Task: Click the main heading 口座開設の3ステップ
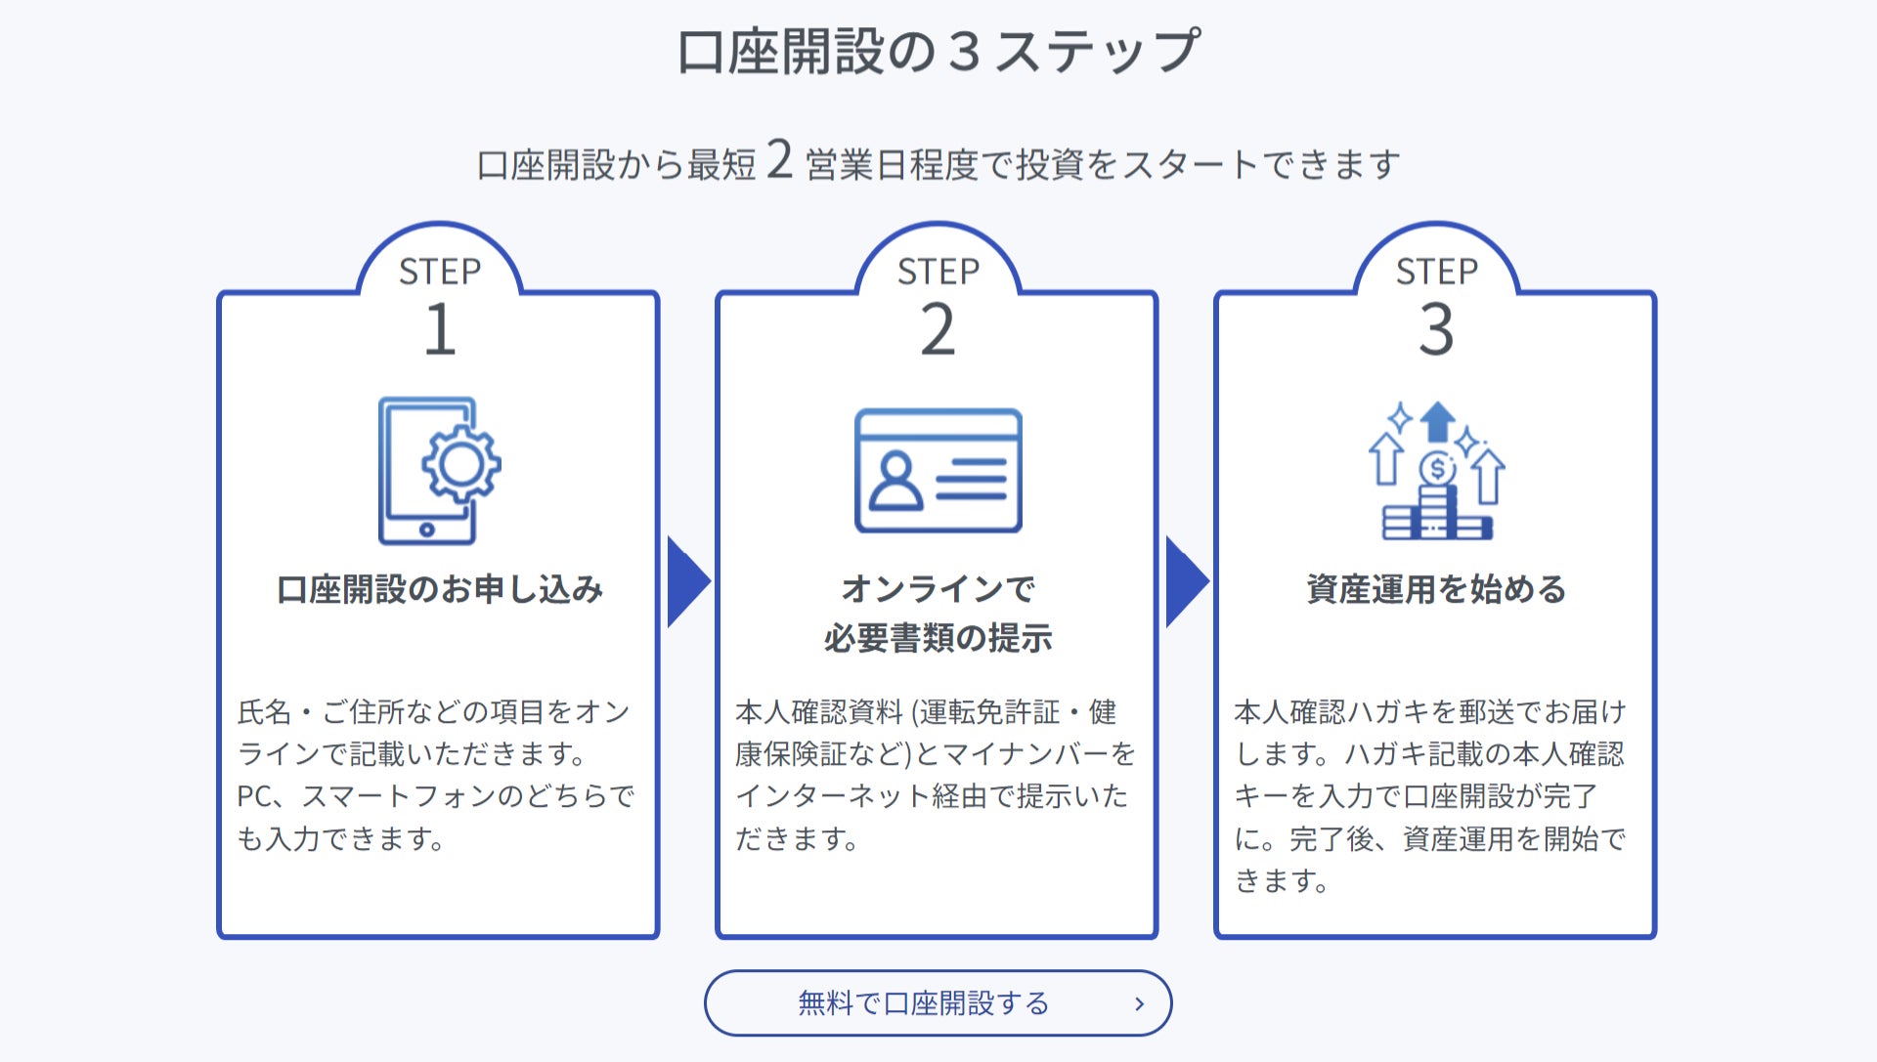click(x=938, y=51)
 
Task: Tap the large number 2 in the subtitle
click(x=779, y=159)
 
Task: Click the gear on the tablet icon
click(x=460, y=465)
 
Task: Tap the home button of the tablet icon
click(x=427, y=530)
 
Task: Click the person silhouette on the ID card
click(x=895, y=481)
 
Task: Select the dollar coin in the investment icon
click(x=1437, y=469)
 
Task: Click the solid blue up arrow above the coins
click(x=1437, y=421)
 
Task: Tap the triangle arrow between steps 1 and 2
click(x=687, y=581)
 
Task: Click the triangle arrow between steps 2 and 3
click(x=1186, y=581)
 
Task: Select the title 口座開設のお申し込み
click(x=440, y=589)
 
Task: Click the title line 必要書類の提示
click(x=938, y=638)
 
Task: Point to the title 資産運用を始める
click(x=1436, y=589)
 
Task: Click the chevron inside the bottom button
click(x=1139, y=1003)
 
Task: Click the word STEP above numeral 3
click(x=1436, y=272)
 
